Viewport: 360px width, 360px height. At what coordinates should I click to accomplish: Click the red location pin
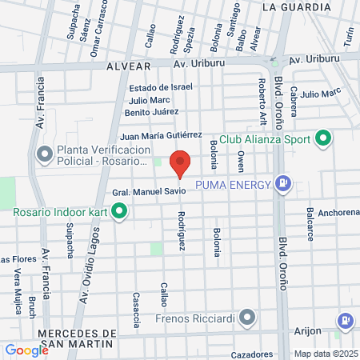tap(181, 162)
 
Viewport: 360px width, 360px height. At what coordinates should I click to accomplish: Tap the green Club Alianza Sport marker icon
tap(323, 138)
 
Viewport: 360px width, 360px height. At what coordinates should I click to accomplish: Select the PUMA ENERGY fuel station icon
tap(282, 184)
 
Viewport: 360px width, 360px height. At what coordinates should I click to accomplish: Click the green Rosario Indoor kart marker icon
tap(119, 212)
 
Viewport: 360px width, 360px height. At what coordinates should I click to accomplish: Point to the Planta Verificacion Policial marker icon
tap(44, 153)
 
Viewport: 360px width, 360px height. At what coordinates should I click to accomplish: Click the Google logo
tap(26, 350)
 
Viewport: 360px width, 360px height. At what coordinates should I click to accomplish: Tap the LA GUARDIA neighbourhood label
tap(296, 7)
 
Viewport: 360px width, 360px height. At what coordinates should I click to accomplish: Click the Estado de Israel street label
tap(161, 87)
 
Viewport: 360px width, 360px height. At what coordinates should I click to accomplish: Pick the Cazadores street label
tap(246, 354)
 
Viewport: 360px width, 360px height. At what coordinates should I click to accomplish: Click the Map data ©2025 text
tap(326, 354)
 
